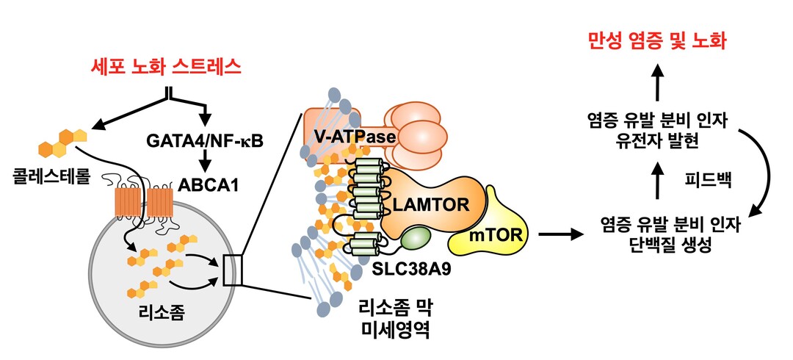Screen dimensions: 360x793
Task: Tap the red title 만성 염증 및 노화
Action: point(658,40)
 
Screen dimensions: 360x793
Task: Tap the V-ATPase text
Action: point(351,137)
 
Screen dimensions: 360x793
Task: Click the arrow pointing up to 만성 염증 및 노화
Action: point(659,78)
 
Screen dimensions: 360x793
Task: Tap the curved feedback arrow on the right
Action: point(764,169)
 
